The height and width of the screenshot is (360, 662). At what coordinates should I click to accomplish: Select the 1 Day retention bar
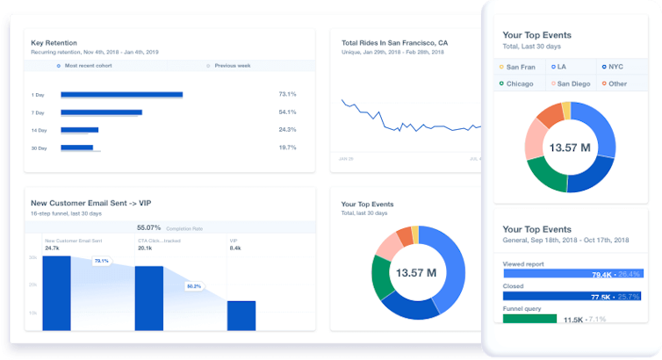(121, 94)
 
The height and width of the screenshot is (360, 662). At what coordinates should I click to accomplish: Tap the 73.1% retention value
(287, 94)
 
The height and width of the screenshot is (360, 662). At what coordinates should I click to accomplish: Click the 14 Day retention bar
(79, 130)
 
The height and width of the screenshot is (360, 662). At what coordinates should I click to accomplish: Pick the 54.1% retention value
(287, 112)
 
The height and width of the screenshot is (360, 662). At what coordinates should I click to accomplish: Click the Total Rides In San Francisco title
(394, 42)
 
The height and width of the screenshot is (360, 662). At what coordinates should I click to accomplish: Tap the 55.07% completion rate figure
(149, 227)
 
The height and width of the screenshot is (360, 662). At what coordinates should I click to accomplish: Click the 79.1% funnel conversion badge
(101, 261)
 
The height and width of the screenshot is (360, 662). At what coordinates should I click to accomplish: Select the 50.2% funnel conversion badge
(194, 286)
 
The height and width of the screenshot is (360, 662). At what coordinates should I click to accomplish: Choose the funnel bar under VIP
(241, 314)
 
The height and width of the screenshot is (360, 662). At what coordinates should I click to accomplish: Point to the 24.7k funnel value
(52, 248)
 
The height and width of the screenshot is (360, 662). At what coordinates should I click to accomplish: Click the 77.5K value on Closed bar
(601, 297)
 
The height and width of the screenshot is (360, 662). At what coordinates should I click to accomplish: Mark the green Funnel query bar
(529, 319)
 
